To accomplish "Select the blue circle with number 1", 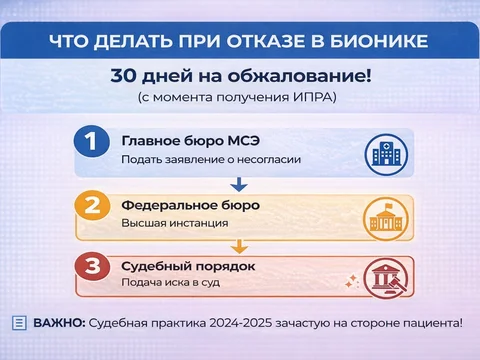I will pyautogui.click(x=91, y=143).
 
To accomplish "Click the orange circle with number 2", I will pyautogui.click(x=91, y=208).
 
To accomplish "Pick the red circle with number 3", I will pyautogui.click(x=91, y=269).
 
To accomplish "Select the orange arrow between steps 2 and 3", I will pyautogui.click(x=238, y=245).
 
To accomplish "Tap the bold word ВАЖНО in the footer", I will pyautogui.click(x=59, y=322).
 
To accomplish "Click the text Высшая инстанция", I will pyautogui.click(x=165, y=223).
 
